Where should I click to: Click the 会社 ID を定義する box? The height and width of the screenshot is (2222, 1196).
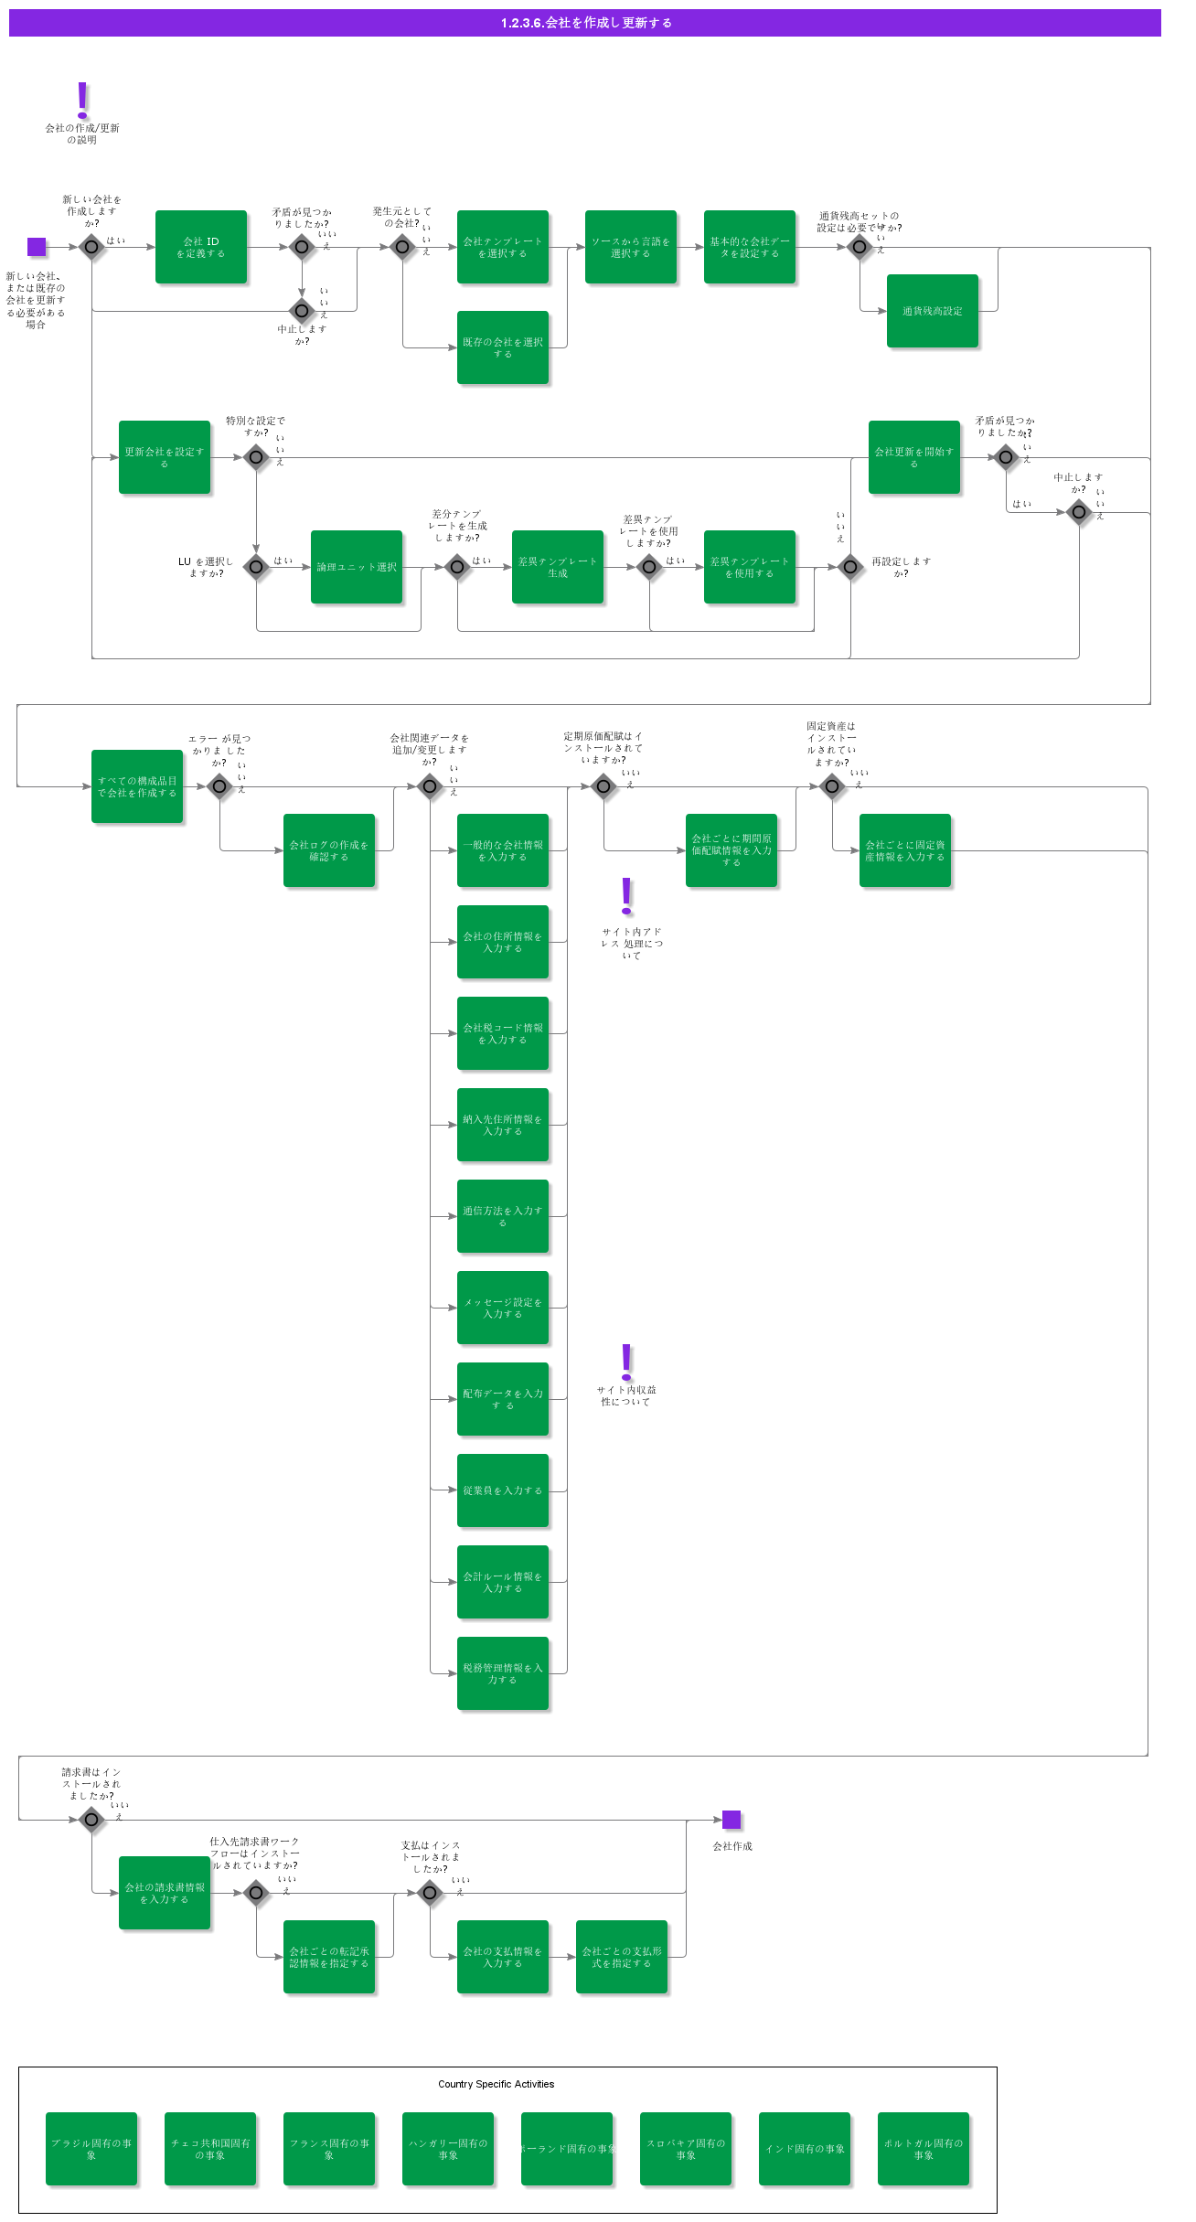click(201, 247)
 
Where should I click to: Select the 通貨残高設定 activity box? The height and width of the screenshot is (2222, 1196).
click(933, 311)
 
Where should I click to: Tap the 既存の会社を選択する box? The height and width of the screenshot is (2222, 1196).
click(503, 347)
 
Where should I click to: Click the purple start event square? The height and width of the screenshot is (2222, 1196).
click(37, 247)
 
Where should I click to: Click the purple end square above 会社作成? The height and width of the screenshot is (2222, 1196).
click(731, 1820)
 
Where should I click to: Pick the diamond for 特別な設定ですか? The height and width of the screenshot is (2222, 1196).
click(256, 457)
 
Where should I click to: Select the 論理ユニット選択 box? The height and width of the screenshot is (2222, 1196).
click(357, 567)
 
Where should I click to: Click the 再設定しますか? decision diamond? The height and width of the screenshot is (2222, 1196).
click(850, 567)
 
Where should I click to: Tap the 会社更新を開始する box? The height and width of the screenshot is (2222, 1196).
click(914, 457)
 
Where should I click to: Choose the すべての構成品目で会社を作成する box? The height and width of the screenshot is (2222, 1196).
click(137, 786)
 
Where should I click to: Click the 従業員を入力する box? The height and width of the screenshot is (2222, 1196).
click(503, 1490)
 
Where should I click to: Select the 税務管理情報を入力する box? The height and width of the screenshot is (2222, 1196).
click(503, 1673)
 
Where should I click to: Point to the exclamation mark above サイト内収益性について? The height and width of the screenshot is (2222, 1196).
click(626, 1362)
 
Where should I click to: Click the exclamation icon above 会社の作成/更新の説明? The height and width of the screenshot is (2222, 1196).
click(82, 99)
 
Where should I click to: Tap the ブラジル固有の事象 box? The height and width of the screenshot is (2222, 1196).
click(91, 2149)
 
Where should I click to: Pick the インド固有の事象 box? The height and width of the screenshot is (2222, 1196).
click(805, 2149)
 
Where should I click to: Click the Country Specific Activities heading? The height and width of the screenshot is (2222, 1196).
click(496, 2084)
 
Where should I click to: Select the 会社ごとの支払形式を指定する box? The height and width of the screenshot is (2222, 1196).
click(622, 1957)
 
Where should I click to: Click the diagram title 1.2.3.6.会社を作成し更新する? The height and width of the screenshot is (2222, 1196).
click(585, 23)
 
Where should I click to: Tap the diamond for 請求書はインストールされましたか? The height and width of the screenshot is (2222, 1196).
click(91, 1820)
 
